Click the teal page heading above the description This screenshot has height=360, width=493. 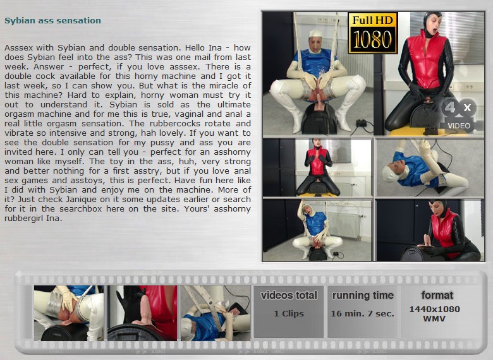tap(53, 20)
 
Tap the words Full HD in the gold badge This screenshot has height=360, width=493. tap(373, 20)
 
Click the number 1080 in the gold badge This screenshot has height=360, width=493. tap(373, 40)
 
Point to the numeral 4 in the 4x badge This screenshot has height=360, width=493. tap(450, 107)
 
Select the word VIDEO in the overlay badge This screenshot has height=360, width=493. tap(459, 126)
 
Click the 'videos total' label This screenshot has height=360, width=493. tap(289, 296)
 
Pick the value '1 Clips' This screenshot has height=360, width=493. tap(289, 313)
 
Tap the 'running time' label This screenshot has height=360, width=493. tap(363, 296)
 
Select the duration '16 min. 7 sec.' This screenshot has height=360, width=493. tap(363, 313)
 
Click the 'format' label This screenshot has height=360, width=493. tap(437, 296)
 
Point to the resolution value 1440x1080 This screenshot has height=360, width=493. tap(434, 309)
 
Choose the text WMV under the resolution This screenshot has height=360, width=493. tap(434, 318)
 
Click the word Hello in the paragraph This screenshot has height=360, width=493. tap(195, 48)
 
